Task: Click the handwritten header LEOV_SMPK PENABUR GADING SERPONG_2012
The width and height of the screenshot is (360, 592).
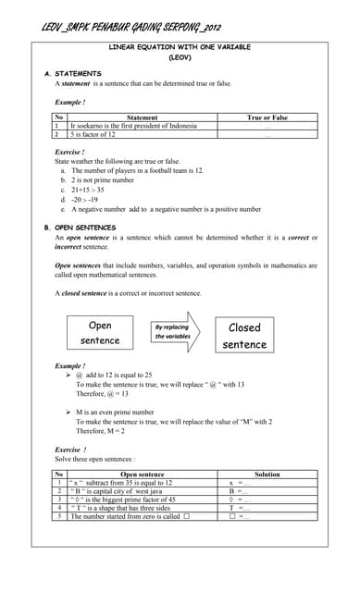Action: pos(131,27)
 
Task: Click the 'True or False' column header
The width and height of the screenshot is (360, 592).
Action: pos(267,117)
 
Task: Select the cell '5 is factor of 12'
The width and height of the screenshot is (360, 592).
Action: pos(93,134)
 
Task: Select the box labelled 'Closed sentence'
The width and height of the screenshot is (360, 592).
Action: pos(244,336)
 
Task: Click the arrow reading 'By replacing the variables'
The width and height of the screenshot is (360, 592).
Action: pos(174,331)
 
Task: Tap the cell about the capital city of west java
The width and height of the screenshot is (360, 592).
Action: pos(125,490)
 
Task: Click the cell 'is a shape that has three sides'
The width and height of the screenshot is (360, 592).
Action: pos(123,508)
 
